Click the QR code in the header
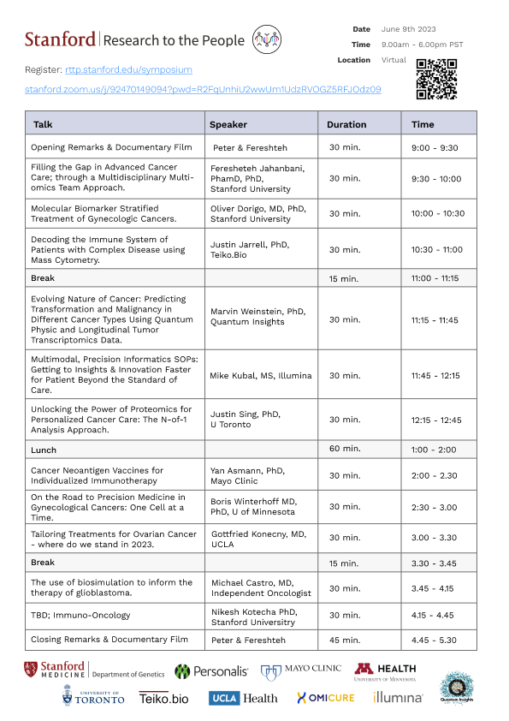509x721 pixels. pyautogui.click(x=435, y=79)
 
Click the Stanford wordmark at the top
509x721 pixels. pyautogui.click(x=60, y=39)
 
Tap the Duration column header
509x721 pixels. pyautogui.click(x=346, y=124)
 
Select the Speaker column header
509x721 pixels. pyautogui.click(x=228, y=124)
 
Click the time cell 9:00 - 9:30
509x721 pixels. pyautogui.click(x=435, y=147)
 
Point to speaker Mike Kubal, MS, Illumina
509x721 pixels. pyautogui.click(x=261, y=375)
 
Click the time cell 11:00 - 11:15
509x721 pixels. pyautogui.click(x=435, y=278)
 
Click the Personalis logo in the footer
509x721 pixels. pyautogui.click(x=211, y=671)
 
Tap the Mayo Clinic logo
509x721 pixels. pyautogui.click(x=300, y=670)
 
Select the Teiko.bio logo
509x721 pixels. pyautogui.click(x=163, y=699)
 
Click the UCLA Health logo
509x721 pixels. pyautogui.click(x=244, y=698)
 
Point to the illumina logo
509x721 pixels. pyautogui.click(x=398, y=698)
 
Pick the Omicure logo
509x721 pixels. pyautogui.click(x=325, y=698)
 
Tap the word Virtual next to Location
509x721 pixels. pyautogui.click(x=394, y=60)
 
